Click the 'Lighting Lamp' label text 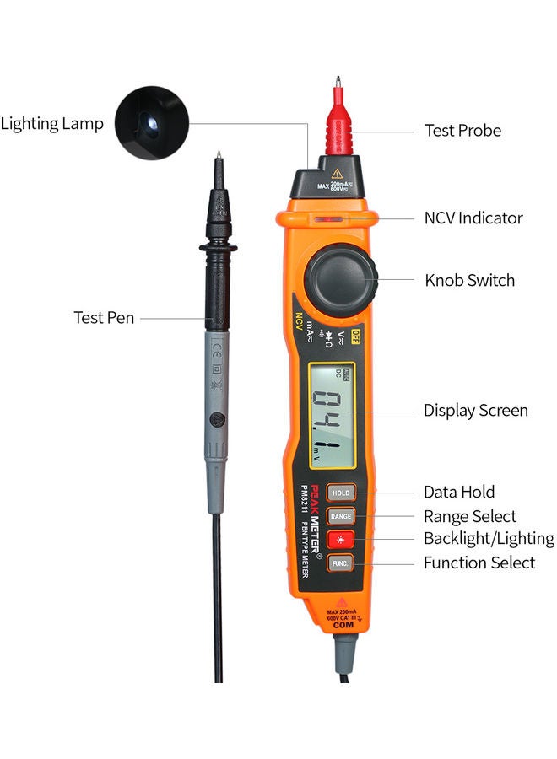point(52,124)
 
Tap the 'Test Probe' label point(462,131)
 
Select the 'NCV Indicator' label point(473,218)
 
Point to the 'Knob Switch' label point(469,281)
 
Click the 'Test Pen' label point(104,318)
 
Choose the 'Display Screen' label point(475,411)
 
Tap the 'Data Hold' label point(459,492)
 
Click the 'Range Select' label point(469,516)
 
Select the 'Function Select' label point(479,563)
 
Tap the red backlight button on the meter point(341,539)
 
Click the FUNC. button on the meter point(341,563)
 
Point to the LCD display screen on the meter point(333,416)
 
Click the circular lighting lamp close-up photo point(152,124)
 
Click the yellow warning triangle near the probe point(337,173)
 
